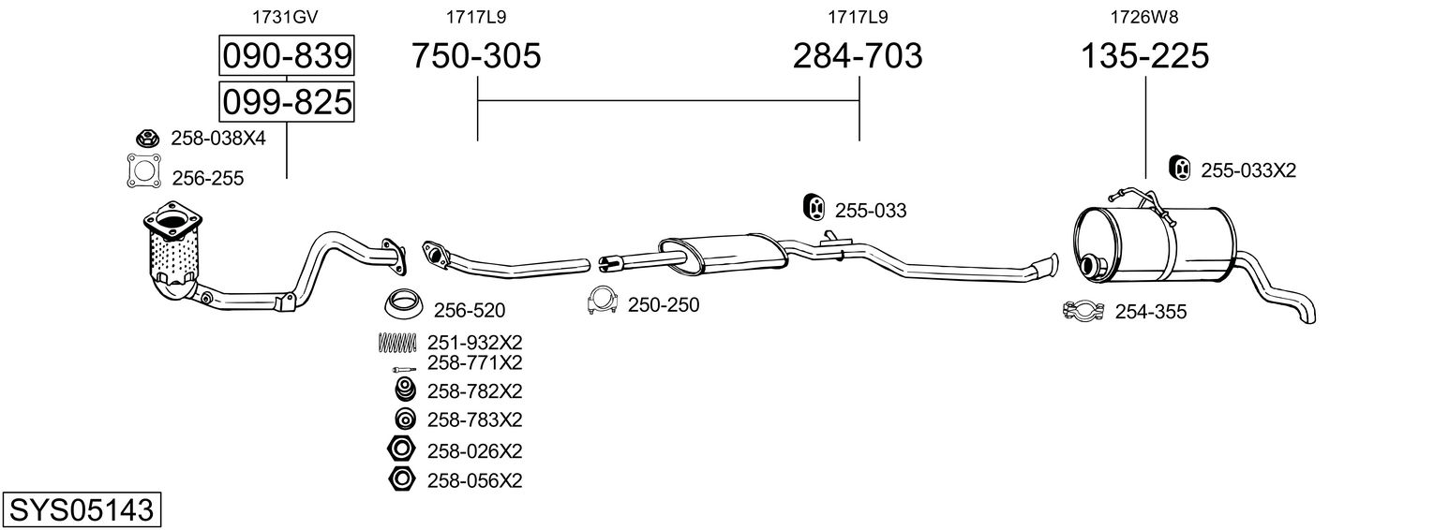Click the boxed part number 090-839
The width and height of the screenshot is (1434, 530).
287,57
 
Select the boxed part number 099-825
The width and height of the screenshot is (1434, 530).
287,100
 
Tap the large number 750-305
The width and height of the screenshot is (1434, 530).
477,57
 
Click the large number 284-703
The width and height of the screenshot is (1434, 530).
858,57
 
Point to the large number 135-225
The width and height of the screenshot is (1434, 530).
1145,57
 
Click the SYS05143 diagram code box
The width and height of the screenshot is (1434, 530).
81,510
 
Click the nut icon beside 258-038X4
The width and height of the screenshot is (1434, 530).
145,139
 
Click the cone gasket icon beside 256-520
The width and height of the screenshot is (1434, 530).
403,304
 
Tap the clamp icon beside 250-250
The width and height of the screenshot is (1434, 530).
605,302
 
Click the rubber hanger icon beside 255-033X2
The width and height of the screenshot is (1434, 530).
1181,168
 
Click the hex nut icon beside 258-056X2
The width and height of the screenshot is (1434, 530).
401,479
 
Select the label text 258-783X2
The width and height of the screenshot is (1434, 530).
474,419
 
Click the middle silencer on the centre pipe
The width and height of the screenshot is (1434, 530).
722,249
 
